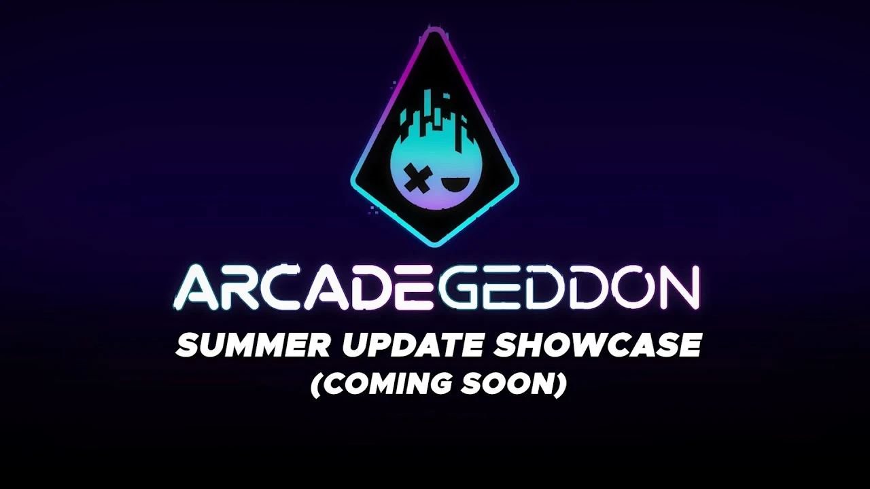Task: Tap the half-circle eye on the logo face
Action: tap(451, 183)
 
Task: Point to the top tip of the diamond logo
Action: tap(434, 31)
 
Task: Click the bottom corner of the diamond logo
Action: tap(434, 242)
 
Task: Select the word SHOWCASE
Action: tap(597, 346)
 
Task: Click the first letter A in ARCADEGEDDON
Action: tap(194, 288)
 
